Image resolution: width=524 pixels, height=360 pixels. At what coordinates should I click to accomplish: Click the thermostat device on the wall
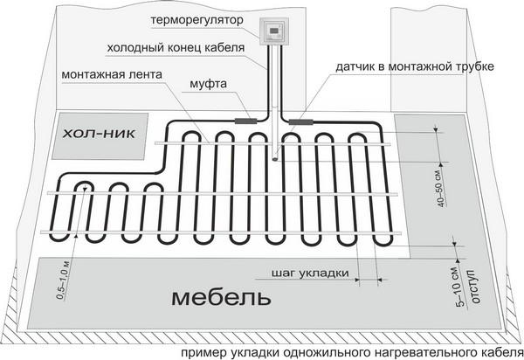pos(274,31)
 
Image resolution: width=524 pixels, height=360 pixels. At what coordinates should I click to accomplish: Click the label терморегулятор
pos(197,20)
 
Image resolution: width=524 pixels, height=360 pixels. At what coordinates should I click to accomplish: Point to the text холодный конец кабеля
pos(176,48)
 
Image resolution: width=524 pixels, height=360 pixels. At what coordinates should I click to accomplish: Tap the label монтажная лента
pos(112,74)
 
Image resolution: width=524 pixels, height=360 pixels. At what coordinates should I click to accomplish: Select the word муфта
pos(208,84)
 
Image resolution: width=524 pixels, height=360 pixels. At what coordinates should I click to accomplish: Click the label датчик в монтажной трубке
pos(415,66)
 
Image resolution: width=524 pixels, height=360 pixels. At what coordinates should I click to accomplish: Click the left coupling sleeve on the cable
pos(245,121)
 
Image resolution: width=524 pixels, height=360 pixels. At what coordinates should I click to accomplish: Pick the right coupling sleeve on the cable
pos(301,121)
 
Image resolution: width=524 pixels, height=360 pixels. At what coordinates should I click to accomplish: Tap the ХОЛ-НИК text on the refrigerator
pos(100,135)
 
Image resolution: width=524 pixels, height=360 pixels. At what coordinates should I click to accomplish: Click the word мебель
pos(221,298)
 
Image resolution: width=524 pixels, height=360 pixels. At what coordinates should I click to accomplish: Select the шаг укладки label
pos(310,273)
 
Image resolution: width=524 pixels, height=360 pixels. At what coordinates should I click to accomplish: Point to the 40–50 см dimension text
pos(441,190)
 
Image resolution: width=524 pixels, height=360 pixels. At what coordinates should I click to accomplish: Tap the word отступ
pos(475,287)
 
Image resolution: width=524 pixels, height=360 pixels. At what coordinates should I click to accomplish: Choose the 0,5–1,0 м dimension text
pos(63,280)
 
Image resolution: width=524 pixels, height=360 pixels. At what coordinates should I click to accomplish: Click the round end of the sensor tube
pos(276,159)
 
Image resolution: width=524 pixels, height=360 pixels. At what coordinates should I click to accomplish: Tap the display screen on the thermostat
pos(274,31)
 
